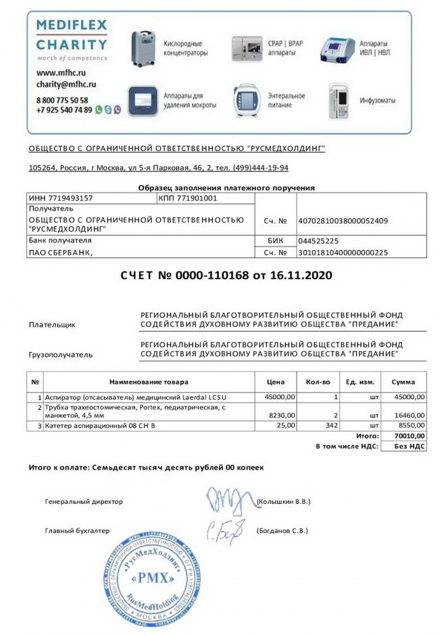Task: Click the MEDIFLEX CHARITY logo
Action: pyautogui.click(x=71, y=39)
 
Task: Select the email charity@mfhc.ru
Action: pyautogui.click(x=66, y=84)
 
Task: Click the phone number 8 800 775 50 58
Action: pyautogui.click(x=62, y=99)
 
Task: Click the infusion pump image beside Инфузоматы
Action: pyautogui.click(x=339, y=101)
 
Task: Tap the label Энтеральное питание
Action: pyautogui.click(x=287, y=101)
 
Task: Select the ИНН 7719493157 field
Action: pyautogui.click(x=60, y=198)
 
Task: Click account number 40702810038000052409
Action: pyautogui.click(x=343, y=220)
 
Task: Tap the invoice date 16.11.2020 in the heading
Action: pyautogui.click(x=303, y=276)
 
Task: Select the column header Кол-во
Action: pyautogui.click(x=318, y=382)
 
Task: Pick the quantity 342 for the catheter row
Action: pyautogui.click(x=331, y=426)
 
